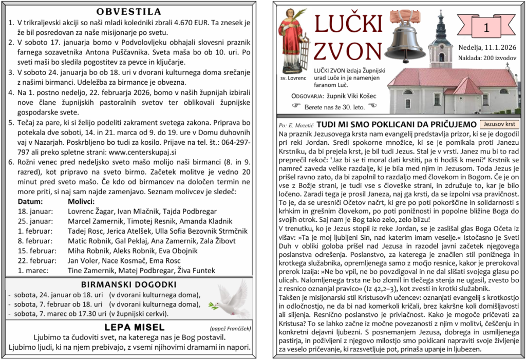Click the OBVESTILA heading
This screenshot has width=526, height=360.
129,12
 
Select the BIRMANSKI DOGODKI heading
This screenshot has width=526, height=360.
129,285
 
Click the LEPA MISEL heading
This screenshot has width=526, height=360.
135,327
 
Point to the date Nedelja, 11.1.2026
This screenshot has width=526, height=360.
487,48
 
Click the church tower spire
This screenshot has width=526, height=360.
440,21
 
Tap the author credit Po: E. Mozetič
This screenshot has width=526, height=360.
295,125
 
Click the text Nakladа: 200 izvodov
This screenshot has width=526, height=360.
487,58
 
